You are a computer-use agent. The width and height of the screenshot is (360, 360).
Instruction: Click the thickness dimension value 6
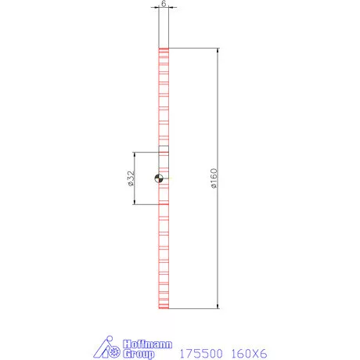pos(163,5)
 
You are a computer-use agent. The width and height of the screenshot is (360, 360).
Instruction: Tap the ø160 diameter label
pos(214,178)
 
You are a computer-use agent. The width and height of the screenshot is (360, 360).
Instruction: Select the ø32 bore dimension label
pos(130,178)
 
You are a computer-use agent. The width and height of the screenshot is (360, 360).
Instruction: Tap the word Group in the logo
pos(140,353)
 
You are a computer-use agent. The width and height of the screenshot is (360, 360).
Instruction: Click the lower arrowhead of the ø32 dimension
pos(136,203)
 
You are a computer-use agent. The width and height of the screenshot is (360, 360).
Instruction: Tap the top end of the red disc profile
pos(163,50)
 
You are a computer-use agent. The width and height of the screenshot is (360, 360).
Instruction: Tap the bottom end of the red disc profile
pos(163,308)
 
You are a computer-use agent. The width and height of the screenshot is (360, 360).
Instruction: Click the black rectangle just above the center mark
pos(163,149)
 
